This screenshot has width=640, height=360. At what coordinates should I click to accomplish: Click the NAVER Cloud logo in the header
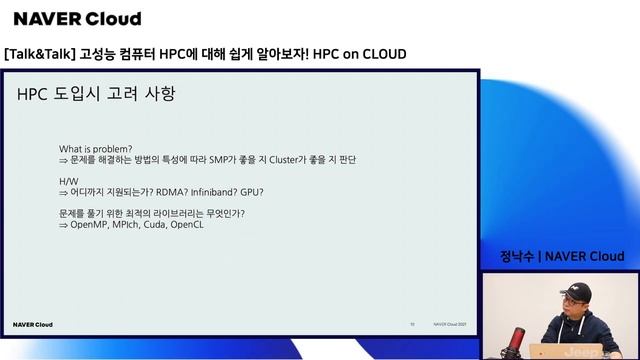tap(77, 19)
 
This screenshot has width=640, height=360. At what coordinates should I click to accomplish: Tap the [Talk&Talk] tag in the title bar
tap(39, 53)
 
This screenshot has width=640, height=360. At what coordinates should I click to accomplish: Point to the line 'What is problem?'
tap(96, 148)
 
